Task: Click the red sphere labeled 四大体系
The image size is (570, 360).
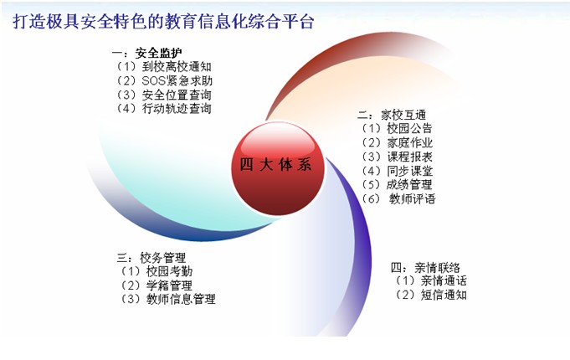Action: (277, 168)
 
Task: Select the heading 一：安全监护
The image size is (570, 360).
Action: (146, 53)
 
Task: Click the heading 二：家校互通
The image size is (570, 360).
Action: (392, 115)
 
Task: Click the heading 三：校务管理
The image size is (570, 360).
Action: (151, 258)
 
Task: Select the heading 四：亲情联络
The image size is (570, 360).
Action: (425, 268)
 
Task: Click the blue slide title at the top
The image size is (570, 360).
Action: (163, 22)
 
